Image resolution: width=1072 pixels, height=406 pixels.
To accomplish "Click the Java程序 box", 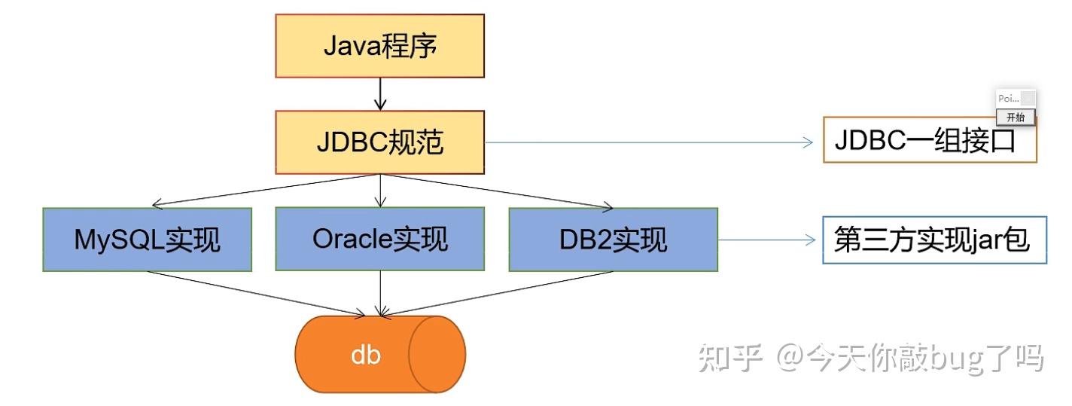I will (x=379, y=46).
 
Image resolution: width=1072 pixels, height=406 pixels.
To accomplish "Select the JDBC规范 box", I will (x=379, y=142).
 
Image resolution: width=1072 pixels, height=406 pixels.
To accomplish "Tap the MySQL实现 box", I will (x=148, y=240).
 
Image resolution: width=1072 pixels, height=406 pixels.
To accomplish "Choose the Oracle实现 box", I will (x=379, y=239).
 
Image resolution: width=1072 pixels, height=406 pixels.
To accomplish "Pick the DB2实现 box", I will (x=613, y=240).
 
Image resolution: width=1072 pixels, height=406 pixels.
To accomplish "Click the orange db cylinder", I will (x=379, y=354).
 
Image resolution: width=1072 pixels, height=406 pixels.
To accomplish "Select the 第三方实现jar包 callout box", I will (x=933, y=241).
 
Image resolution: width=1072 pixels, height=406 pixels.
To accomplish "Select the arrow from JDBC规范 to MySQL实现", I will (x=263, y=190).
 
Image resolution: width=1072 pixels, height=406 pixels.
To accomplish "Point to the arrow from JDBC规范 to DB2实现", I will (x=497, y=190).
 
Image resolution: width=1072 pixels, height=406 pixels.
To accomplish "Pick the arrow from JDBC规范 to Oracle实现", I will (x=380, y=191).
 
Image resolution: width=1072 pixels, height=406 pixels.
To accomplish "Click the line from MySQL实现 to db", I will (x=256, y=292).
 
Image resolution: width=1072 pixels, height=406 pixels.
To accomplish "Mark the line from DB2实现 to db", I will (x=497, y=292).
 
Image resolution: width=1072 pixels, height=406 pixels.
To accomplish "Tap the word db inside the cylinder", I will (x=366, y=355).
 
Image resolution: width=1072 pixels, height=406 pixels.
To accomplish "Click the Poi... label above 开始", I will (x=1007, y=99).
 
